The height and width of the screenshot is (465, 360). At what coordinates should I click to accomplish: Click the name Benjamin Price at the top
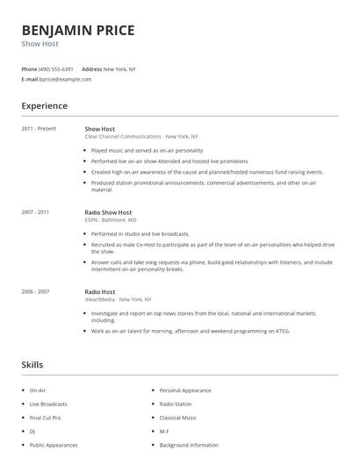(78, 31)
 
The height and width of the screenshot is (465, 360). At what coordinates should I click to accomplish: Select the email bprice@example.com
(65, 79)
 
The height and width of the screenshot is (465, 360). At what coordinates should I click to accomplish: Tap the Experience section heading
(45, 106)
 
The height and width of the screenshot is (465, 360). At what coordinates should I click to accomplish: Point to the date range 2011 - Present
(38, 129)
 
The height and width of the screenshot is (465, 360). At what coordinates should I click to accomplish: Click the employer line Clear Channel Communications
(140, 137)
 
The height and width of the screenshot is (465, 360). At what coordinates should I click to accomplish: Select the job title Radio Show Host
(110, 212)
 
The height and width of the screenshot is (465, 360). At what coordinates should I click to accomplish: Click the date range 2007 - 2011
(35, 212)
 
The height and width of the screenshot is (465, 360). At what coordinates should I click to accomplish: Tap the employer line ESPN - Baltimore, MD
(111, 220)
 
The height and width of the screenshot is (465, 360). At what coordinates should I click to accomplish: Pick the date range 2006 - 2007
(35, 290)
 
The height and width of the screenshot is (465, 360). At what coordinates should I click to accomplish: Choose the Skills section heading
(32, 364)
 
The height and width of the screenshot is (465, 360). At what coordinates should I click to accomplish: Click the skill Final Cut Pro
(45, 418)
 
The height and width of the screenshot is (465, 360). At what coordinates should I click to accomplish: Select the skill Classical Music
(179, 418)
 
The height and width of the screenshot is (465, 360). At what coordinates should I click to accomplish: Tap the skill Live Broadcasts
(47, 404)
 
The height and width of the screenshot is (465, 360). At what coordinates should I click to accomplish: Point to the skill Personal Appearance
(186, 390)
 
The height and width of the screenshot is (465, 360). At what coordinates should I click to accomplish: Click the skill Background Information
(189, 445)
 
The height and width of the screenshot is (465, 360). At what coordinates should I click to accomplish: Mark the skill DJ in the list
(32, 431)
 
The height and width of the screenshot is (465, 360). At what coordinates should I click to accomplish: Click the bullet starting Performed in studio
(140, 235)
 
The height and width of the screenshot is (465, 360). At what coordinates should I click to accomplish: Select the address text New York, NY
(119, 68)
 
